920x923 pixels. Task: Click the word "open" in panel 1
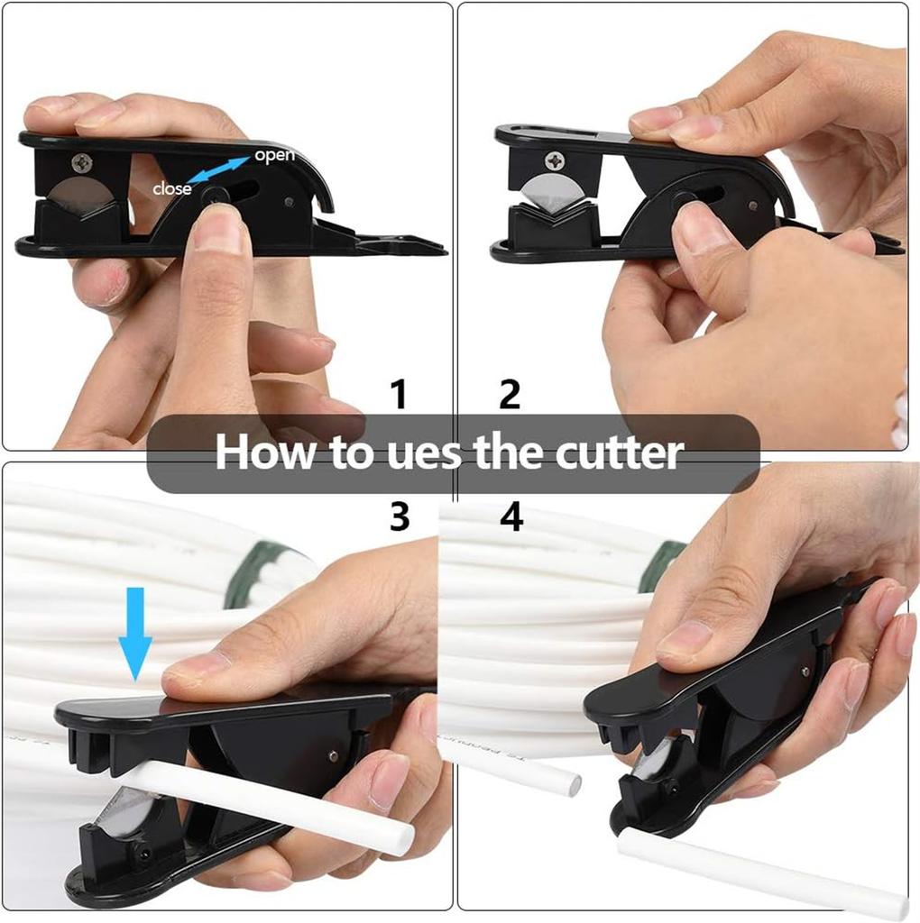coord(274,155)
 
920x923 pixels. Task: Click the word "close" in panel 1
coord(171,189)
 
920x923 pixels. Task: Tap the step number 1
coord(399,394)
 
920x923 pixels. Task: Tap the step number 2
coord(510,394)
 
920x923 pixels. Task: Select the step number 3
coord(399,516)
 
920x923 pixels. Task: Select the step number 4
coord(511,516)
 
